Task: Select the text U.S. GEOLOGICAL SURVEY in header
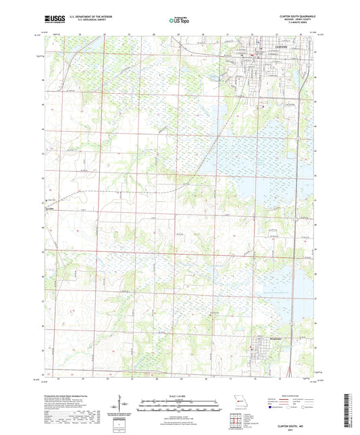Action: [84, 20]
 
